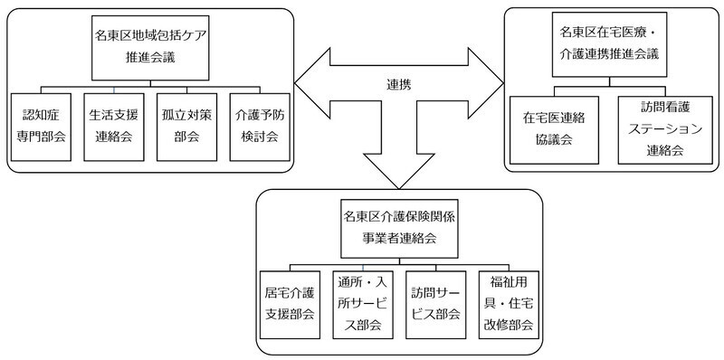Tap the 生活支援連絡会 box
[x=114, y=127]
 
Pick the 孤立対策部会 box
[x=187, y=127]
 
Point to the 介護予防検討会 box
[x=261, y=127]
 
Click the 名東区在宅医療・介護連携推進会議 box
[x=609, y=44]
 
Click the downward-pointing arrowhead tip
[x=399, y=185]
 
